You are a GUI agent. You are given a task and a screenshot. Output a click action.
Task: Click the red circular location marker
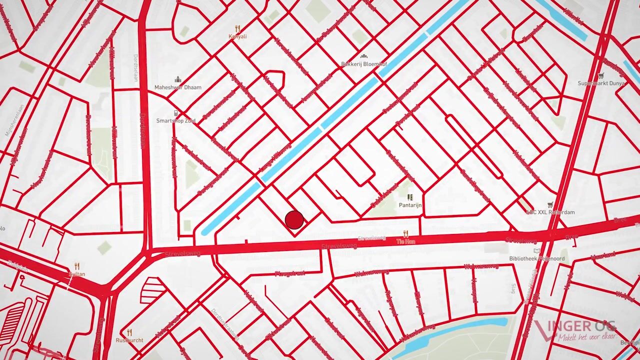pos(294,220)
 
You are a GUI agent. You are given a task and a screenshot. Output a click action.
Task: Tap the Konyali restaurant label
pos(237,36)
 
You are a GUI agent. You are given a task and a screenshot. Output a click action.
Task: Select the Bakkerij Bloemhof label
pos(364,64)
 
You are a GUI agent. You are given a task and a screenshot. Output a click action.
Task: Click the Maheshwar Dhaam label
pos(177,87)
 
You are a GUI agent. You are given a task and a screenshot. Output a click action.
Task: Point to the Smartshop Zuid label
pos(175,121)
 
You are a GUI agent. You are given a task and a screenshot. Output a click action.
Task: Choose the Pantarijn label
pos(410,205)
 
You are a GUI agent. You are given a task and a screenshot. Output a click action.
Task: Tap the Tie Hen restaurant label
pos(405,241)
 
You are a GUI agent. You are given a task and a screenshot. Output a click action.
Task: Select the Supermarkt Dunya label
pos(601,83)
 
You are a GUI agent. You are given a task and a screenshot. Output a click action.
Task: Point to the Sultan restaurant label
pos(76,274)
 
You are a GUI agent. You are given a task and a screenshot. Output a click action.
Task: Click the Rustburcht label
pos(129,340)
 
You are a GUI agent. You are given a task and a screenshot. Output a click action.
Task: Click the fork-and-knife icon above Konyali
pos(237,28)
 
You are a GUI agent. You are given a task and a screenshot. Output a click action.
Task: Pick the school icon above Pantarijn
pos(410,197)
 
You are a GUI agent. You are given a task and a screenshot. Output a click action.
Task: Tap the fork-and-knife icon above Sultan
pos(76,266)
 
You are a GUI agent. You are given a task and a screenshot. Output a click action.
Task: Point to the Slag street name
pos(512,288)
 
